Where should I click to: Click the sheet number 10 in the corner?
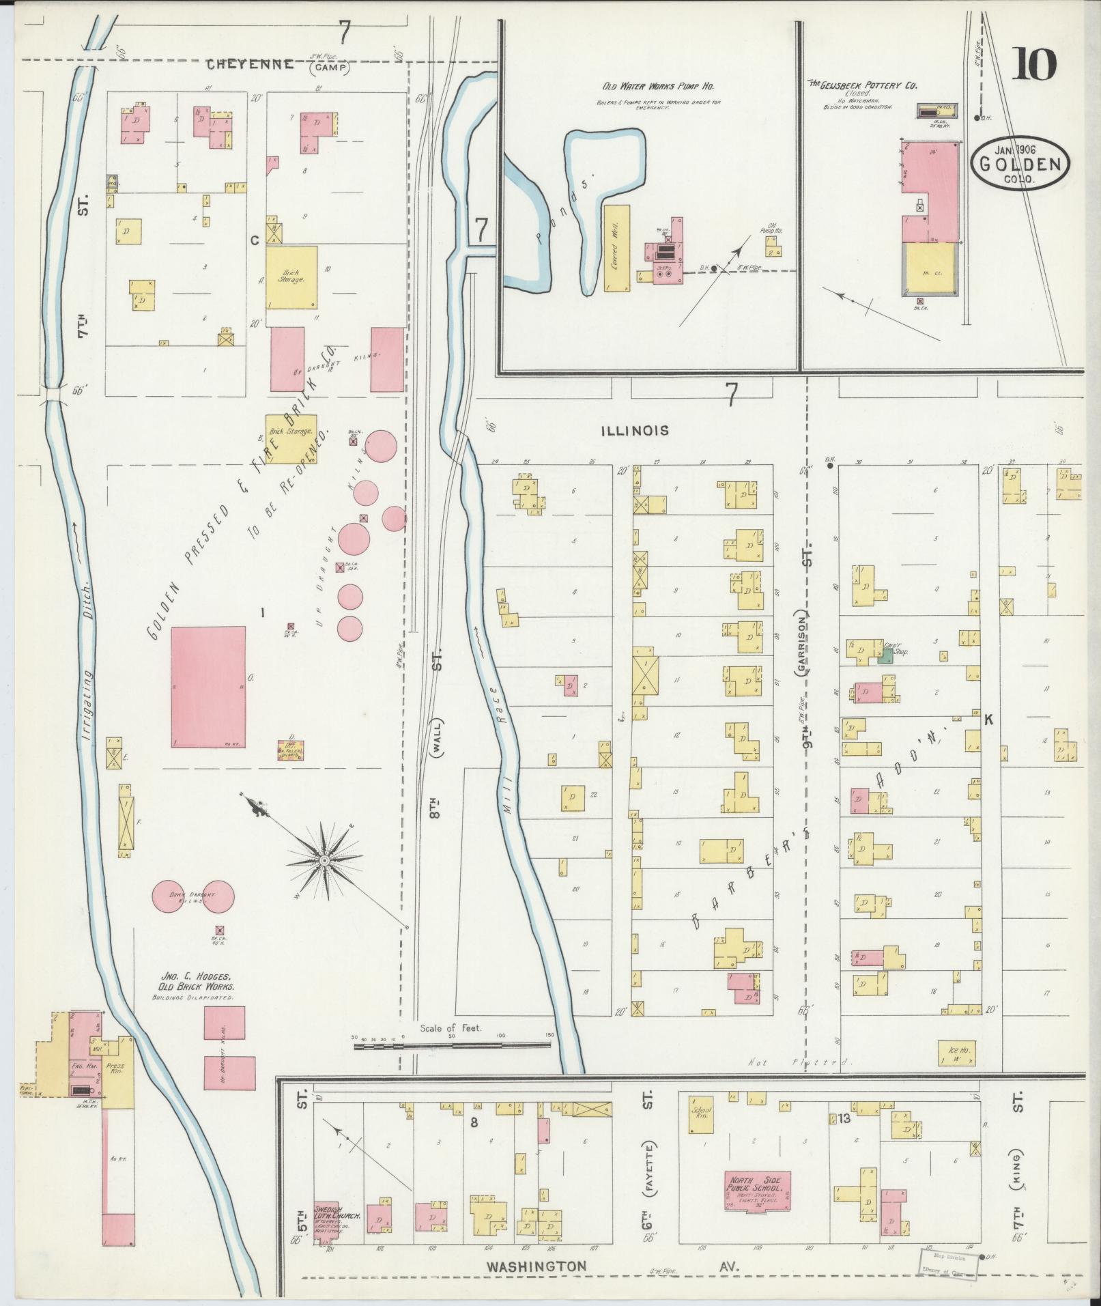coord(1034,65)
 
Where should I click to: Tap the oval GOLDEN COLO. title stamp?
coord(1020,164)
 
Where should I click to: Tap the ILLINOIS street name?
coord(635,431)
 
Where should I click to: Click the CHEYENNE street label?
coord(251,65)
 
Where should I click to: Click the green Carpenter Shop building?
coord(885,656)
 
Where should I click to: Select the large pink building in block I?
coord(208,687)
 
